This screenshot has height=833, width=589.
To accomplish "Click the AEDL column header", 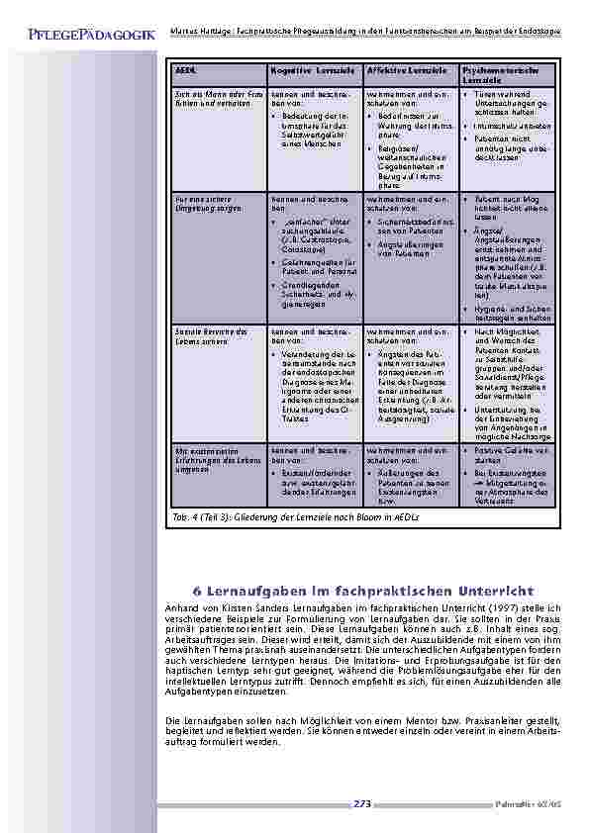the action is click(x=185, y=72).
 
